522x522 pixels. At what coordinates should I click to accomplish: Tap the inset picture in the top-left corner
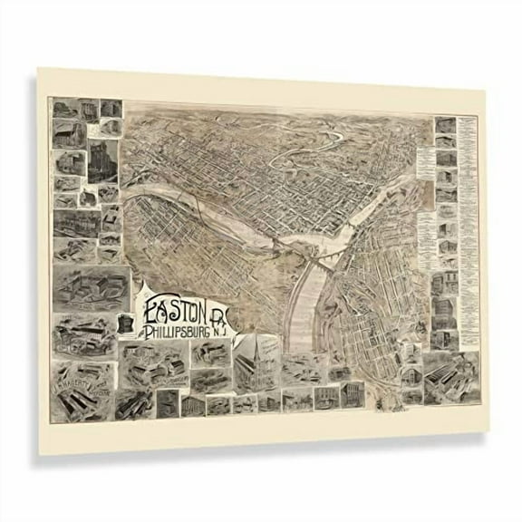click(x=63, y=110)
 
